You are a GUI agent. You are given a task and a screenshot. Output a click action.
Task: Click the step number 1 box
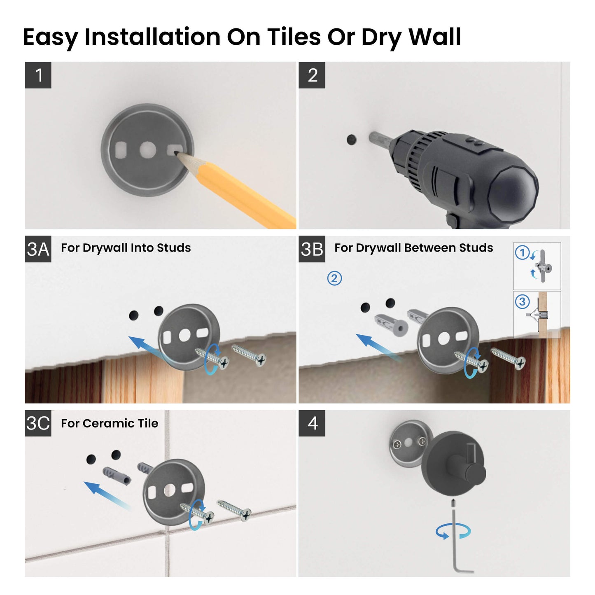tap(38, 75)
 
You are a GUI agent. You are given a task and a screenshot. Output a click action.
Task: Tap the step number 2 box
tap(312, 75)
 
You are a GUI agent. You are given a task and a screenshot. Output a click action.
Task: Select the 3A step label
tap(38, 249)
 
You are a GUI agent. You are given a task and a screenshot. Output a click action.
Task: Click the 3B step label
tap(312, 249)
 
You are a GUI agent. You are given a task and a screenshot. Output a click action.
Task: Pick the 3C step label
tap(38, 423)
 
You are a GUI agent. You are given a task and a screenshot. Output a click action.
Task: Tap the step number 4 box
tap(312, 423)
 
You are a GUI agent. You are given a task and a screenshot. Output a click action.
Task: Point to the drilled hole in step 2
tap(351, 140)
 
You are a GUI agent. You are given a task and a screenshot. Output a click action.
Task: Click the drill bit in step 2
tap(378, 138)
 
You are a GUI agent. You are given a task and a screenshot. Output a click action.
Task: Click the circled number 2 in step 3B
tap(334, 278)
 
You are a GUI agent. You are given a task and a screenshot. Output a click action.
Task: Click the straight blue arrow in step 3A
tap(144, 346)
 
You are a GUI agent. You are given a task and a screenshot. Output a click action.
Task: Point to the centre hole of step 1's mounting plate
tap(147, 150)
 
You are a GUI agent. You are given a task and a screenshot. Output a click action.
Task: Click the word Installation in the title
tap(152, 37)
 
